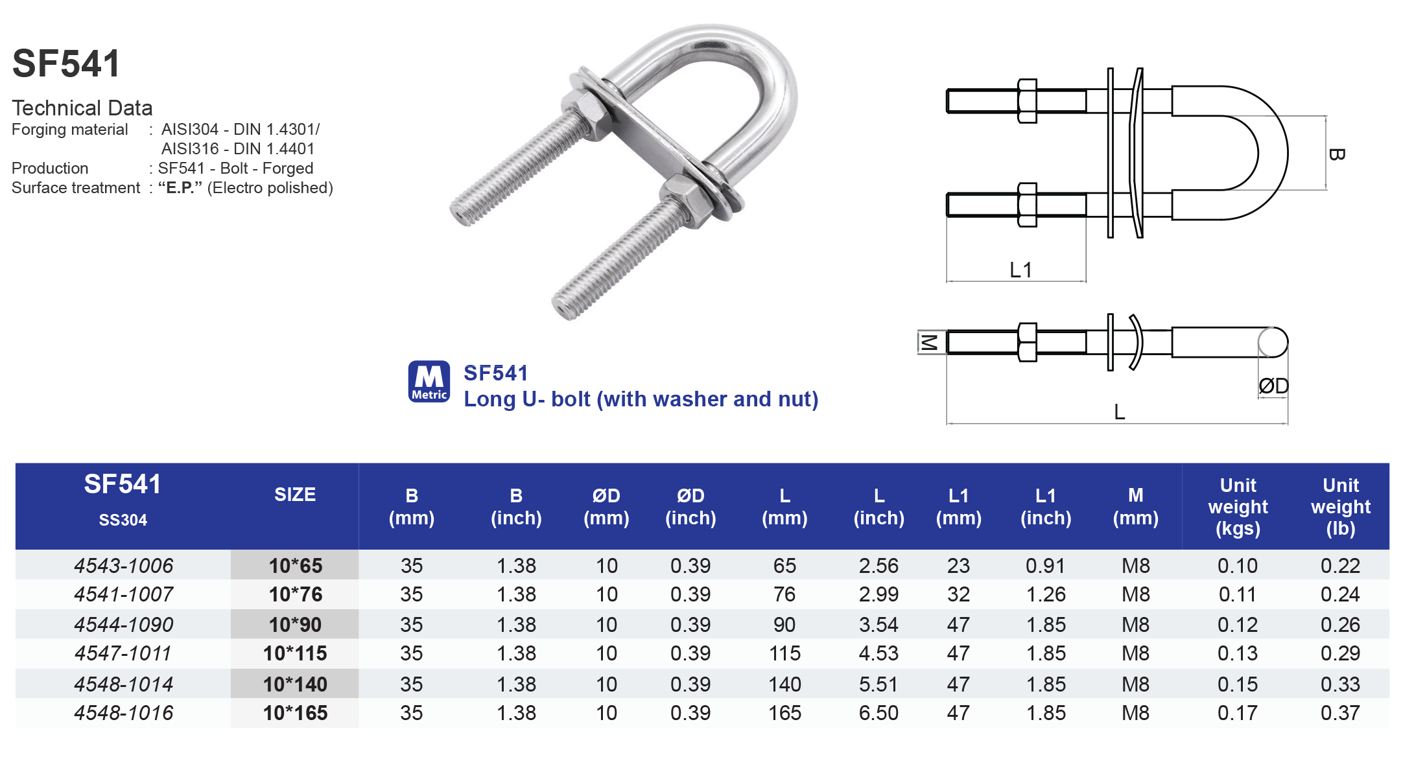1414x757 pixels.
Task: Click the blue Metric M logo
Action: [429, 381]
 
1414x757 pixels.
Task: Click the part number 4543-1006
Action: [123, 565]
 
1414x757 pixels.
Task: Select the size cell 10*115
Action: [295, 653]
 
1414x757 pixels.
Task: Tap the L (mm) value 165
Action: [784, 713]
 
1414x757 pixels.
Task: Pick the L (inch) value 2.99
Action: [878, 594]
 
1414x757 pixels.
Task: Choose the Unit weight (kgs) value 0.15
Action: [1237, 684]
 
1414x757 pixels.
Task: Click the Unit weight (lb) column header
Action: [1340, 506]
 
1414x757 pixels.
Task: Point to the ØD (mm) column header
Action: [606, 506]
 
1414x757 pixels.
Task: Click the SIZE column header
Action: [295, 495]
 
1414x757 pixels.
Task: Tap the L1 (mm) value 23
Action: [958, 565]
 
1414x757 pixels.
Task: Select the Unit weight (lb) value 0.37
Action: [1340, 713]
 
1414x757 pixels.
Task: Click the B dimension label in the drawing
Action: [1336, 154]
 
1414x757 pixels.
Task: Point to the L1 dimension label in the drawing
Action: [1020, 270]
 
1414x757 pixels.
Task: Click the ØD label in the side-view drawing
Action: [1273, 386]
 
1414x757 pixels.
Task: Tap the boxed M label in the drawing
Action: [928, 342]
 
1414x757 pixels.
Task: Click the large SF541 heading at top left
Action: [66, 64]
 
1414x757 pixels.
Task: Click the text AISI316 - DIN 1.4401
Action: [237, 149]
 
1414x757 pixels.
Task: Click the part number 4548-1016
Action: [123, 713]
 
